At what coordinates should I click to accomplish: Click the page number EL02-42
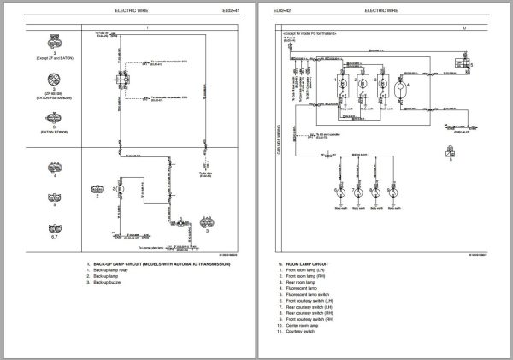(x=283, y=11)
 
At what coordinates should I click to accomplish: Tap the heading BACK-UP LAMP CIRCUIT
(x=160, y=264)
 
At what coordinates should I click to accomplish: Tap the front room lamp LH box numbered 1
(x=342, y=86)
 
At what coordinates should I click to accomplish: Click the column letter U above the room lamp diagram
(x=464, y=27)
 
